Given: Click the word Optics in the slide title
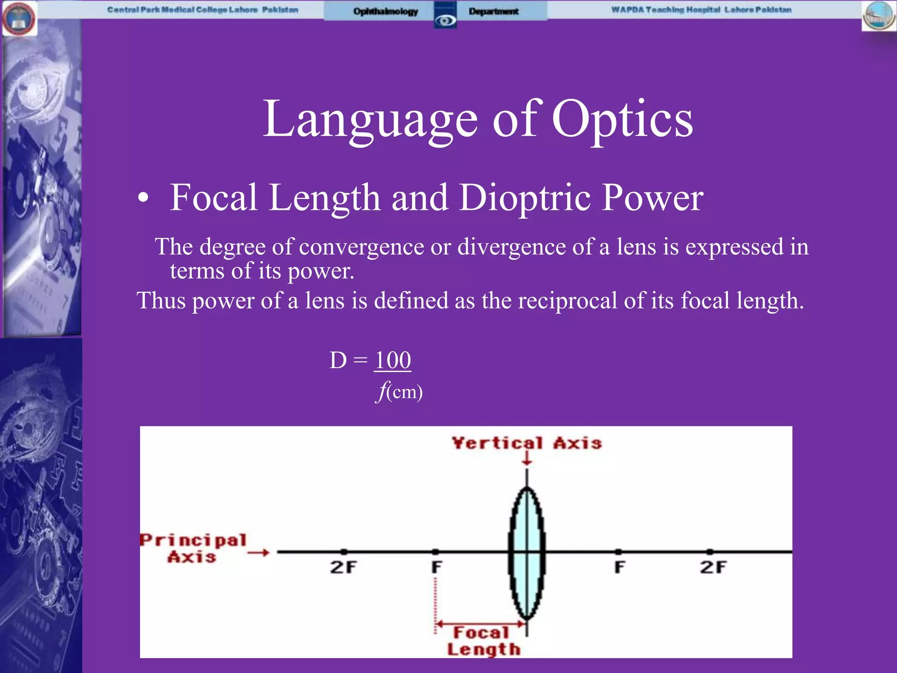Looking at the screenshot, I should pyautogui.click(x=622, y=119).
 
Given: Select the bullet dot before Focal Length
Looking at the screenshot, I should pyautogui.click(x=143, y=198).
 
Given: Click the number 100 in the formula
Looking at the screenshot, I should pyautogui.click(x=393, y=361).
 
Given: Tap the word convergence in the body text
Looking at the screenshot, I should pyautogui.click(x=361, y=247).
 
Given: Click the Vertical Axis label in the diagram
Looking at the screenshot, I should pyautogui.click(x=527, y=443).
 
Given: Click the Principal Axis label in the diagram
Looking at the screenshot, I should pyautogui.click(x=193, y=548).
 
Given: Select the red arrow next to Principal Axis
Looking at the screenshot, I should pyautogui.click(x=258, y=553).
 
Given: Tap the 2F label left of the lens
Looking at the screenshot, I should pyautogui.click(x=343, y=567).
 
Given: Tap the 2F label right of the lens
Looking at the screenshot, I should pyautogui.click(x=713, y=567).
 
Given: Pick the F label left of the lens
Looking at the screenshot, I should pyautogui.click(x=437, y=567).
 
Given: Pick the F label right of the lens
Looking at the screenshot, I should pyautogui.click(x=619, y=567).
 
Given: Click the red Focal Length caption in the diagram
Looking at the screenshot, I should pyautogui.click(x=484, y=641).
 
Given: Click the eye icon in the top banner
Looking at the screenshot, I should pyautogui.click(x=445, y=20).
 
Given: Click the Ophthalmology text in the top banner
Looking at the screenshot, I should pyautogui.click(x=385, y=11).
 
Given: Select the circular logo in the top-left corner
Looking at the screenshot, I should pyautogui.click(x=19, y=18).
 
